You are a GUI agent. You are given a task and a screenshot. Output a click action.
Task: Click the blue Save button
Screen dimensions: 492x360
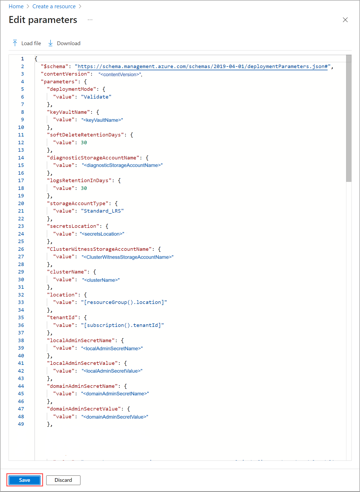[25, 480]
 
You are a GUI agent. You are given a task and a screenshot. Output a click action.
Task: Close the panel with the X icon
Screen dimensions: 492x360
[345, 20]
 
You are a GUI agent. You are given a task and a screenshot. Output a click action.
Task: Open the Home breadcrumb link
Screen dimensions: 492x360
[16, 6]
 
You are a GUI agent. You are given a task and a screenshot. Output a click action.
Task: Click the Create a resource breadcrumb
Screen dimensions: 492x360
[54, 6]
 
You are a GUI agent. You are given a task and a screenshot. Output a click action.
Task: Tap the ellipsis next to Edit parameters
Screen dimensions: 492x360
[90, 20]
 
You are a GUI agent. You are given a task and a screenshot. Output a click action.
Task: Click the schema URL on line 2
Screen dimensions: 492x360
[202, 67]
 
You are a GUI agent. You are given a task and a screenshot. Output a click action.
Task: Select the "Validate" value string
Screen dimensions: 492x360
[96, 97]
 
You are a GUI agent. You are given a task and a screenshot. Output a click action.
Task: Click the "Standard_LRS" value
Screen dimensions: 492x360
[102, 211]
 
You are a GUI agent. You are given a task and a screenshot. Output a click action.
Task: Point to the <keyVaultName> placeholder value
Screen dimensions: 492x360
[102, 120]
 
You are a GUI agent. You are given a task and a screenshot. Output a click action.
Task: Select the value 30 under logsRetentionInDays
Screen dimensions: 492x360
[84, 188]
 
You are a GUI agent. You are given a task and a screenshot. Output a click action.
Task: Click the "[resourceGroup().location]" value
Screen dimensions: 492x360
[124, 302]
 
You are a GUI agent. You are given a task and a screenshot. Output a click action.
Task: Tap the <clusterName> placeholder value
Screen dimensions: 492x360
[101, 280]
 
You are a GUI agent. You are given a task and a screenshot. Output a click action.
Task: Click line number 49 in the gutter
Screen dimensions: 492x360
[21, 424]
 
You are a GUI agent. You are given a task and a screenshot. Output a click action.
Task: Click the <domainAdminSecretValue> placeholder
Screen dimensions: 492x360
[115, 417]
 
